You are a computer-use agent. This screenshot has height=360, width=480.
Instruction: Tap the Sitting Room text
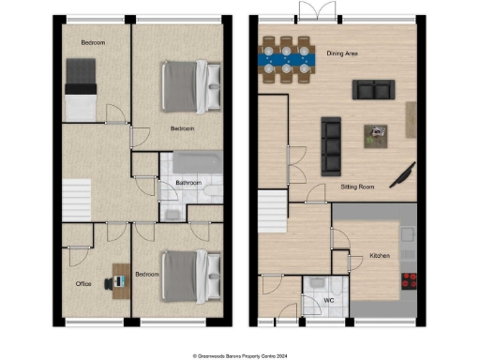(x=357, y=187)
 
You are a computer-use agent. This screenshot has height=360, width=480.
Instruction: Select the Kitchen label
(x=380, y=255)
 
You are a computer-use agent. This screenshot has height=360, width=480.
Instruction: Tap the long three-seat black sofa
(x=331, y=146)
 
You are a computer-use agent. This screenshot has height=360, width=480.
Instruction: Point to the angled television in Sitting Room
(x=405, y=174)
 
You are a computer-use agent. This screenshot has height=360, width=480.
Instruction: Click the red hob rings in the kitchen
(x=410, y=278)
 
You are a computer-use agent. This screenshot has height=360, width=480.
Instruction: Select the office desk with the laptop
(x=120, y=277)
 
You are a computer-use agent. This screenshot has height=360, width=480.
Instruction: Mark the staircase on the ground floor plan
(x=273, y=207)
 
